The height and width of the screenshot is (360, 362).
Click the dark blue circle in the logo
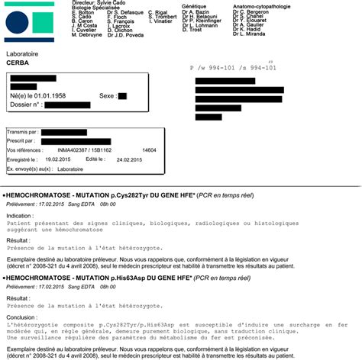point(18,27)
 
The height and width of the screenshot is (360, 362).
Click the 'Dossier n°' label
point(25,104)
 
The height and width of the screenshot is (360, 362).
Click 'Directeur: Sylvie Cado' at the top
point(99,3)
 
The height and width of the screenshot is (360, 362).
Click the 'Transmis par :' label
point(22,131)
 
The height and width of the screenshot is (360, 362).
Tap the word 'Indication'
point(20,216)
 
